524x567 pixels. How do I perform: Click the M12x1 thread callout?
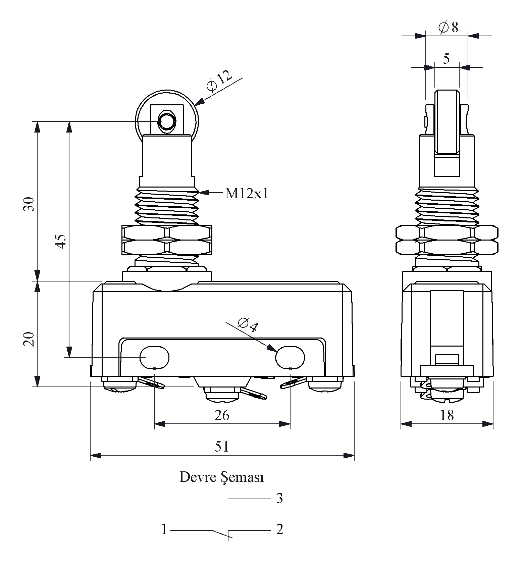click(x=247, y=194)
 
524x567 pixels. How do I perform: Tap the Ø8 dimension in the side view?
click(x=448, y=27)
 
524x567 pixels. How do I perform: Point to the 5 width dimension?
click(x=446, y=59)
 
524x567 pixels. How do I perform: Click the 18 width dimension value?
click(x=447, y=415)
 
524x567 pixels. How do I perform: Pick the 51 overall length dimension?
click(x=222, y=447)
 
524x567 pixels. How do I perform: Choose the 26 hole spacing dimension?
click(x=222, y=415)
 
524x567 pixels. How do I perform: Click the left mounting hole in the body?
click(x=154, y=357)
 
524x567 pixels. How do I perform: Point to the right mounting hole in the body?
click(x=290, y=357)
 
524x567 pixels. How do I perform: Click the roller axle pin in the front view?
click(x=167, y=121)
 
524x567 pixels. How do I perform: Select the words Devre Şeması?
click(x=222, y=477)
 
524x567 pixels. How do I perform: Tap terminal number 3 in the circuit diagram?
click(x=279, y=499)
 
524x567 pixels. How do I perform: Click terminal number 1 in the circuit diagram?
click(x=164, y=530)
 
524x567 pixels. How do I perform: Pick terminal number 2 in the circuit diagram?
click(x=279, y=530)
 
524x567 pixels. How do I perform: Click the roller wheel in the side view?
click(x=447, y=122)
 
